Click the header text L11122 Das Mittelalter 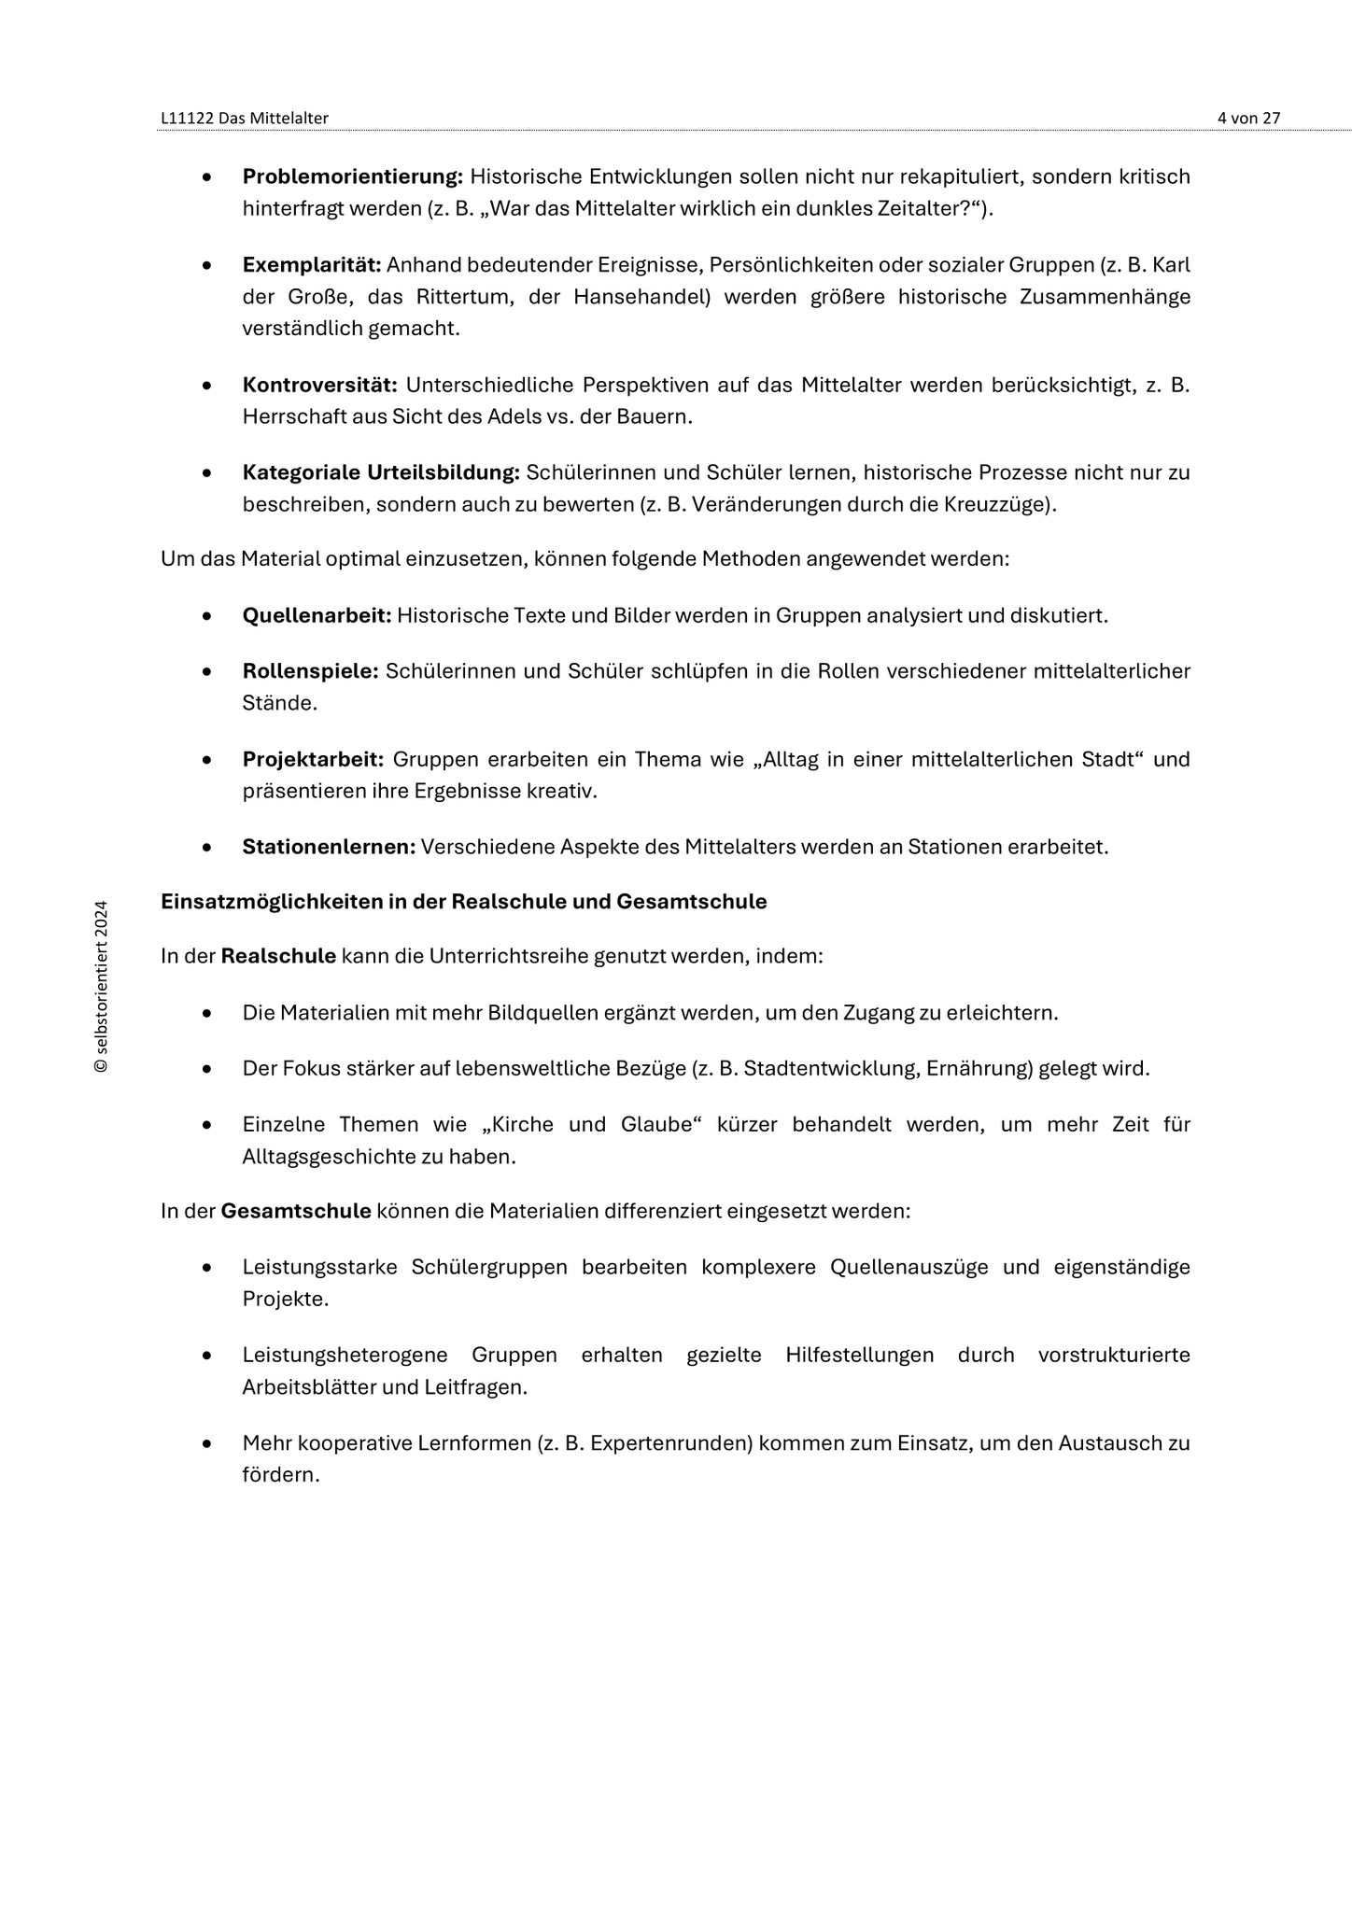point(245,118)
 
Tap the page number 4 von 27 point(1248,118)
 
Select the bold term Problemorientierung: point(353,176)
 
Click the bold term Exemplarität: point(312,265)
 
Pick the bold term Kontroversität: point(320,385)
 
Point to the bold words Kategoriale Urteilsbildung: point(381,472)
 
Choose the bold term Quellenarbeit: point(317,616)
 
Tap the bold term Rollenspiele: point(310,671)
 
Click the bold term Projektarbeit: point(314,759)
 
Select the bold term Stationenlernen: point(329,847)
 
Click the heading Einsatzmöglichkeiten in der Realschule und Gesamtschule point(464,902)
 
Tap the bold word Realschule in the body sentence point(278,957)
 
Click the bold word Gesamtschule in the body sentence point(296,1212)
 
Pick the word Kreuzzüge point(1003,505)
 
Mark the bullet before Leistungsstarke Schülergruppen point(207,1268)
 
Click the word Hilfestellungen point(859,1356)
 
